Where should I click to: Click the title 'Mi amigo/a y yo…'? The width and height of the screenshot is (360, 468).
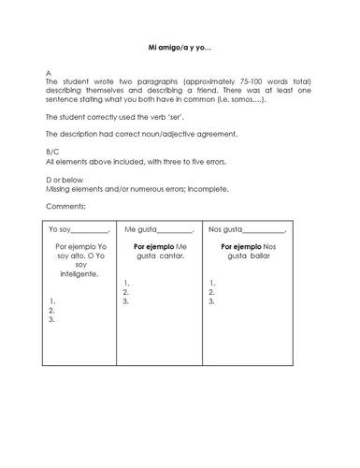(x=180, y=46)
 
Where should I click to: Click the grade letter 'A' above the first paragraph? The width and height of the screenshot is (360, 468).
(x=48, y=73)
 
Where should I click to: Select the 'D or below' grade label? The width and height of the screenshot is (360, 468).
(x=62, y=179)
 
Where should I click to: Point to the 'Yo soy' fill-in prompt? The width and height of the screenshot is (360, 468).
(x=60, y=229)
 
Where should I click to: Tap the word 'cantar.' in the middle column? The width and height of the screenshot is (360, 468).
(x=171, y=256)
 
